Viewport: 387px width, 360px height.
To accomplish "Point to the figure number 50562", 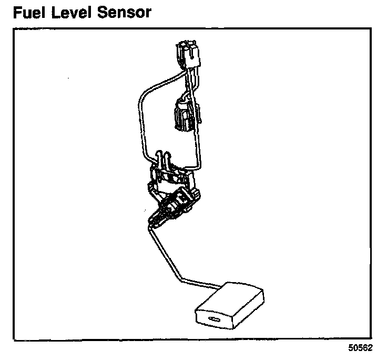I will tap(361, 348).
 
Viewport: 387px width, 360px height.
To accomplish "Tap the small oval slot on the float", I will tap(214, 319).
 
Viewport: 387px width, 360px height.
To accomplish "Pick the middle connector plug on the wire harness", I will tap(182, 115).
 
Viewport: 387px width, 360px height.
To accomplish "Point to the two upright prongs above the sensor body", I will tap(164, 158).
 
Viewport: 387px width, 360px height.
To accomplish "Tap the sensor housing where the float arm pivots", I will tap(176, 203).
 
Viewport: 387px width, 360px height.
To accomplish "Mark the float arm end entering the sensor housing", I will tap(154, 224).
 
